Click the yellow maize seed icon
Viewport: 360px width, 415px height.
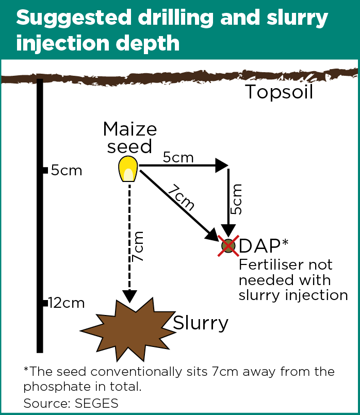pos(127,169)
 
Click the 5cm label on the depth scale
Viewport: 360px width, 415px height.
pos(67,171)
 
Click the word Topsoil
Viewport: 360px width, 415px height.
pos(279,92)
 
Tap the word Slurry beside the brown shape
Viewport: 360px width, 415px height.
pos(200,323)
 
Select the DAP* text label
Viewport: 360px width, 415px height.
pos(263,246)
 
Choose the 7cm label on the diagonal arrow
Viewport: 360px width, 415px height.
pos(181,197)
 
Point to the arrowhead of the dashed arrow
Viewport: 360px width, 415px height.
pos(129,296)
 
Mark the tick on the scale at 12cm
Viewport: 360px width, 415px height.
pos(45,303)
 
